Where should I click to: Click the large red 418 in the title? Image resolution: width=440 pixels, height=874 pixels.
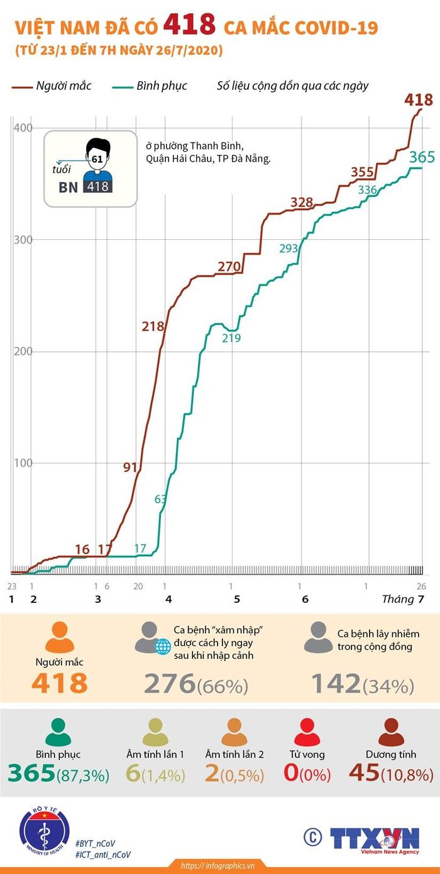click(x=189, y=24)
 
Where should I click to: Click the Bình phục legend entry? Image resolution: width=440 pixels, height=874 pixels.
click(x=150, y=86)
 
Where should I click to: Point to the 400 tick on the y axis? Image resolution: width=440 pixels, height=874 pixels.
click(x=23, y=128)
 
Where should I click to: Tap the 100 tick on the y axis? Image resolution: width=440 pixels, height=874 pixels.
click(x=23, y=462)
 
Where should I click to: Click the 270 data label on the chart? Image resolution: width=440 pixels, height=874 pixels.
click(x=229, y=267)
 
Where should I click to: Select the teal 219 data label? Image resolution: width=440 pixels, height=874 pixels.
click(x=231, y=338)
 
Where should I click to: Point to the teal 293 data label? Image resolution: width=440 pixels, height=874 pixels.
click(x=289, y=248)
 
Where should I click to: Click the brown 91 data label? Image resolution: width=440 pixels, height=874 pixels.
click(x=130, y=467)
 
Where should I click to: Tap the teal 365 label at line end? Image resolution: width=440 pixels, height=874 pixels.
click(x=422, y=157)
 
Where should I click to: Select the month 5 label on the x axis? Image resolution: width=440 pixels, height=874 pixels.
click(x=237, y=599)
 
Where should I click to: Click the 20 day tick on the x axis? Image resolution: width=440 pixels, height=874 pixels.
click(x=138, y=586)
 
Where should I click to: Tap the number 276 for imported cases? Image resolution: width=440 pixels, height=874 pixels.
click(x=169, y=683)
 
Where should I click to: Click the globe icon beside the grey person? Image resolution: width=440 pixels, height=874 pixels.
click(x=163, y=647)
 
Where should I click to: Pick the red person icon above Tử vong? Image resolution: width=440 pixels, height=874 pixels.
click(x=307, y=732)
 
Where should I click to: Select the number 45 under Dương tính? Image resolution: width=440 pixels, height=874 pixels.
click(x=364, y=772)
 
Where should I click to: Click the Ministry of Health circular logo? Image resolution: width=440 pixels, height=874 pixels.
click(x=44, y=831)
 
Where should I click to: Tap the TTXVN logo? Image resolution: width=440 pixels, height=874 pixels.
click(x=375, y=839)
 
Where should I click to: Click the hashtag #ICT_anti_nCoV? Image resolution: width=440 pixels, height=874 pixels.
click(x=103, y=854)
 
